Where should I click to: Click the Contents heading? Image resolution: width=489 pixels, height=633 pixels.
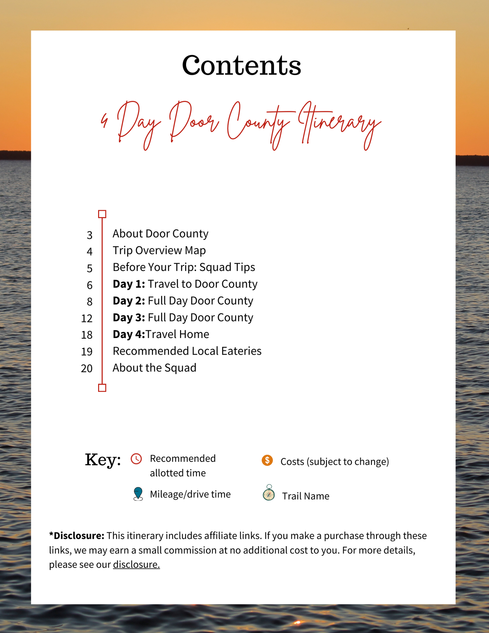(241, 65)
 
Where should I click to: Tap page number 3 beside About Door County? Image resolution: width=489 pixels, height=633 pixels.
(89, 235)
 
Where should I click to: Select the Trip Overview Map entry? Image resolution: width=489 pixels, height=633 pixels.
(159, 250)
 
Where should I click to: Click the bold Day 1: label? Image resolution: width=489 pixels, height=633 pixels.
(129, 284)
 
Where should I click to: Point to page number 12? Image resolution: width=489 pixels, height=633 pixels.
(87, 318)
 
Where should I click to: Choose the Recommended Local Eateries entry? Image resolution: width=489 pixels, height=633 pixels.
(187, 351)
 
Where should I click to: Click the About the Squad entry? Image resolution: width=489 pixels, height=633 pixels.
(154, 368)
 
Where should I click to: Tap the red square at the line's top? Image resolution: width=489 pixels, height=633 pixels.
(102, 214)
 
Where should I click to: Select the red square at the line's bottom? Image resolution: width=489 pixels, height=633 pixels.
(102, 388)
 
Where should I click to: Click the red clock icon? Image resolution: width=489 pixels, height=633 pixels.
(136, 459)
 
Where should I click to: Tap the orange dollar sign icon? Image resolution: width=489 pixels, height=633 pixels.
(267, 460)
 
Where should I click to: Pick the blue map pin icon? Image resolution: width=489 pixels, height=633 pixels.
(138, 494)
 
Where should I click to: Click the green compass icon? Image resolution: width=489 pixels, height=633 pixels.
(269, 493)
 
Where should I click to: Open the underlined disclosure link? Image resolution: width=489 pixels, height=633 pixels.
(136, 564)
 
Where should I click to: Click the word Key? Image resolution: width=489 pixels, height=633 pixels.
(103, 460)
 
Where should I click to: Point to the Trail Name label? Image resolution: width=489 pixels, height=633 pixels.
(306, 496)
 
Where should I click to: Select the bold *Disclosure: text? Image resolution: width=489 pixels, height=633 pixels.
(77, 536)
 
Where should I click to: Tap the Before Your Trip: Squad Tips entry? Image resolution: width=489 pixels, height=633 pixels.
(184, 267)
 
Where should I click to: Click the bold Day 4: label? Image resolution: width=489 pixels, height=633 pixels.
(129, 334)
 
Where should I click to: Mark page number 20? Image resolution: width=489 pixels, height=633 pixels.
(87, 368)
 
